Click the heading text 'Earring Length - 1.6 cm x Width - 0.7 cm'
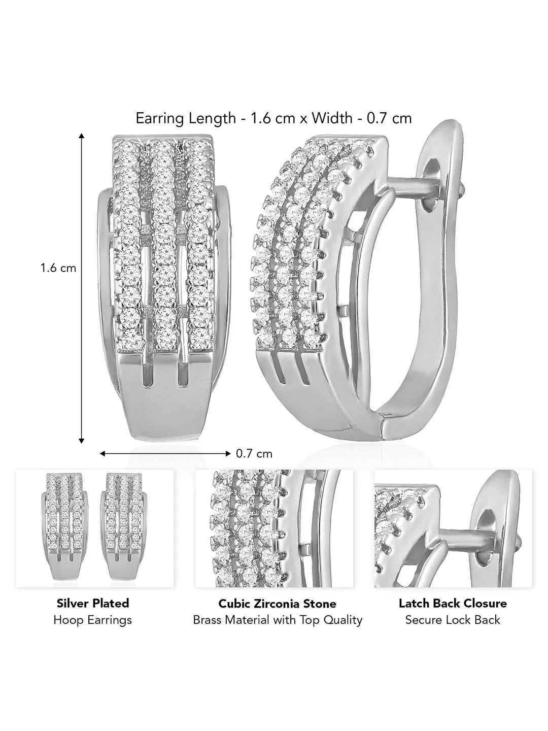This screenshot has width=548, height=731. point(273,118)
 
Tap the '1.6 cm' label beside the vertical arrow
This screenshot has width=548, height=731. point(58,268)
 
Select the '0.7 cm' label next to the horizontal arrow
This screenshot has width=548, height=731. point(254,454)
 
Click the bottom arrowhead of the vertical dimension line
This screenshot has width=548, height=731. point(81,441)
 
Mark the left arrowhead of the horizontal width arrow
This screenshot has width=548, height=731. point(102,454)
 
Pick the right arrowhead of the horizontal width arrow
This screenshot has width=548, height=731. point(228,454)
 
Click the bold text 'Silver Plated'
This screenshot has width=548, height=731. point(93,603)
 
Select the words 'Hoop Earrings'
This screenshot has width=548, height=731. point(93,620)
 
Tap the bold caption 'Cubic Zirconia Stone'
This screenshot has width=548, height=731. point(277,604)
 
